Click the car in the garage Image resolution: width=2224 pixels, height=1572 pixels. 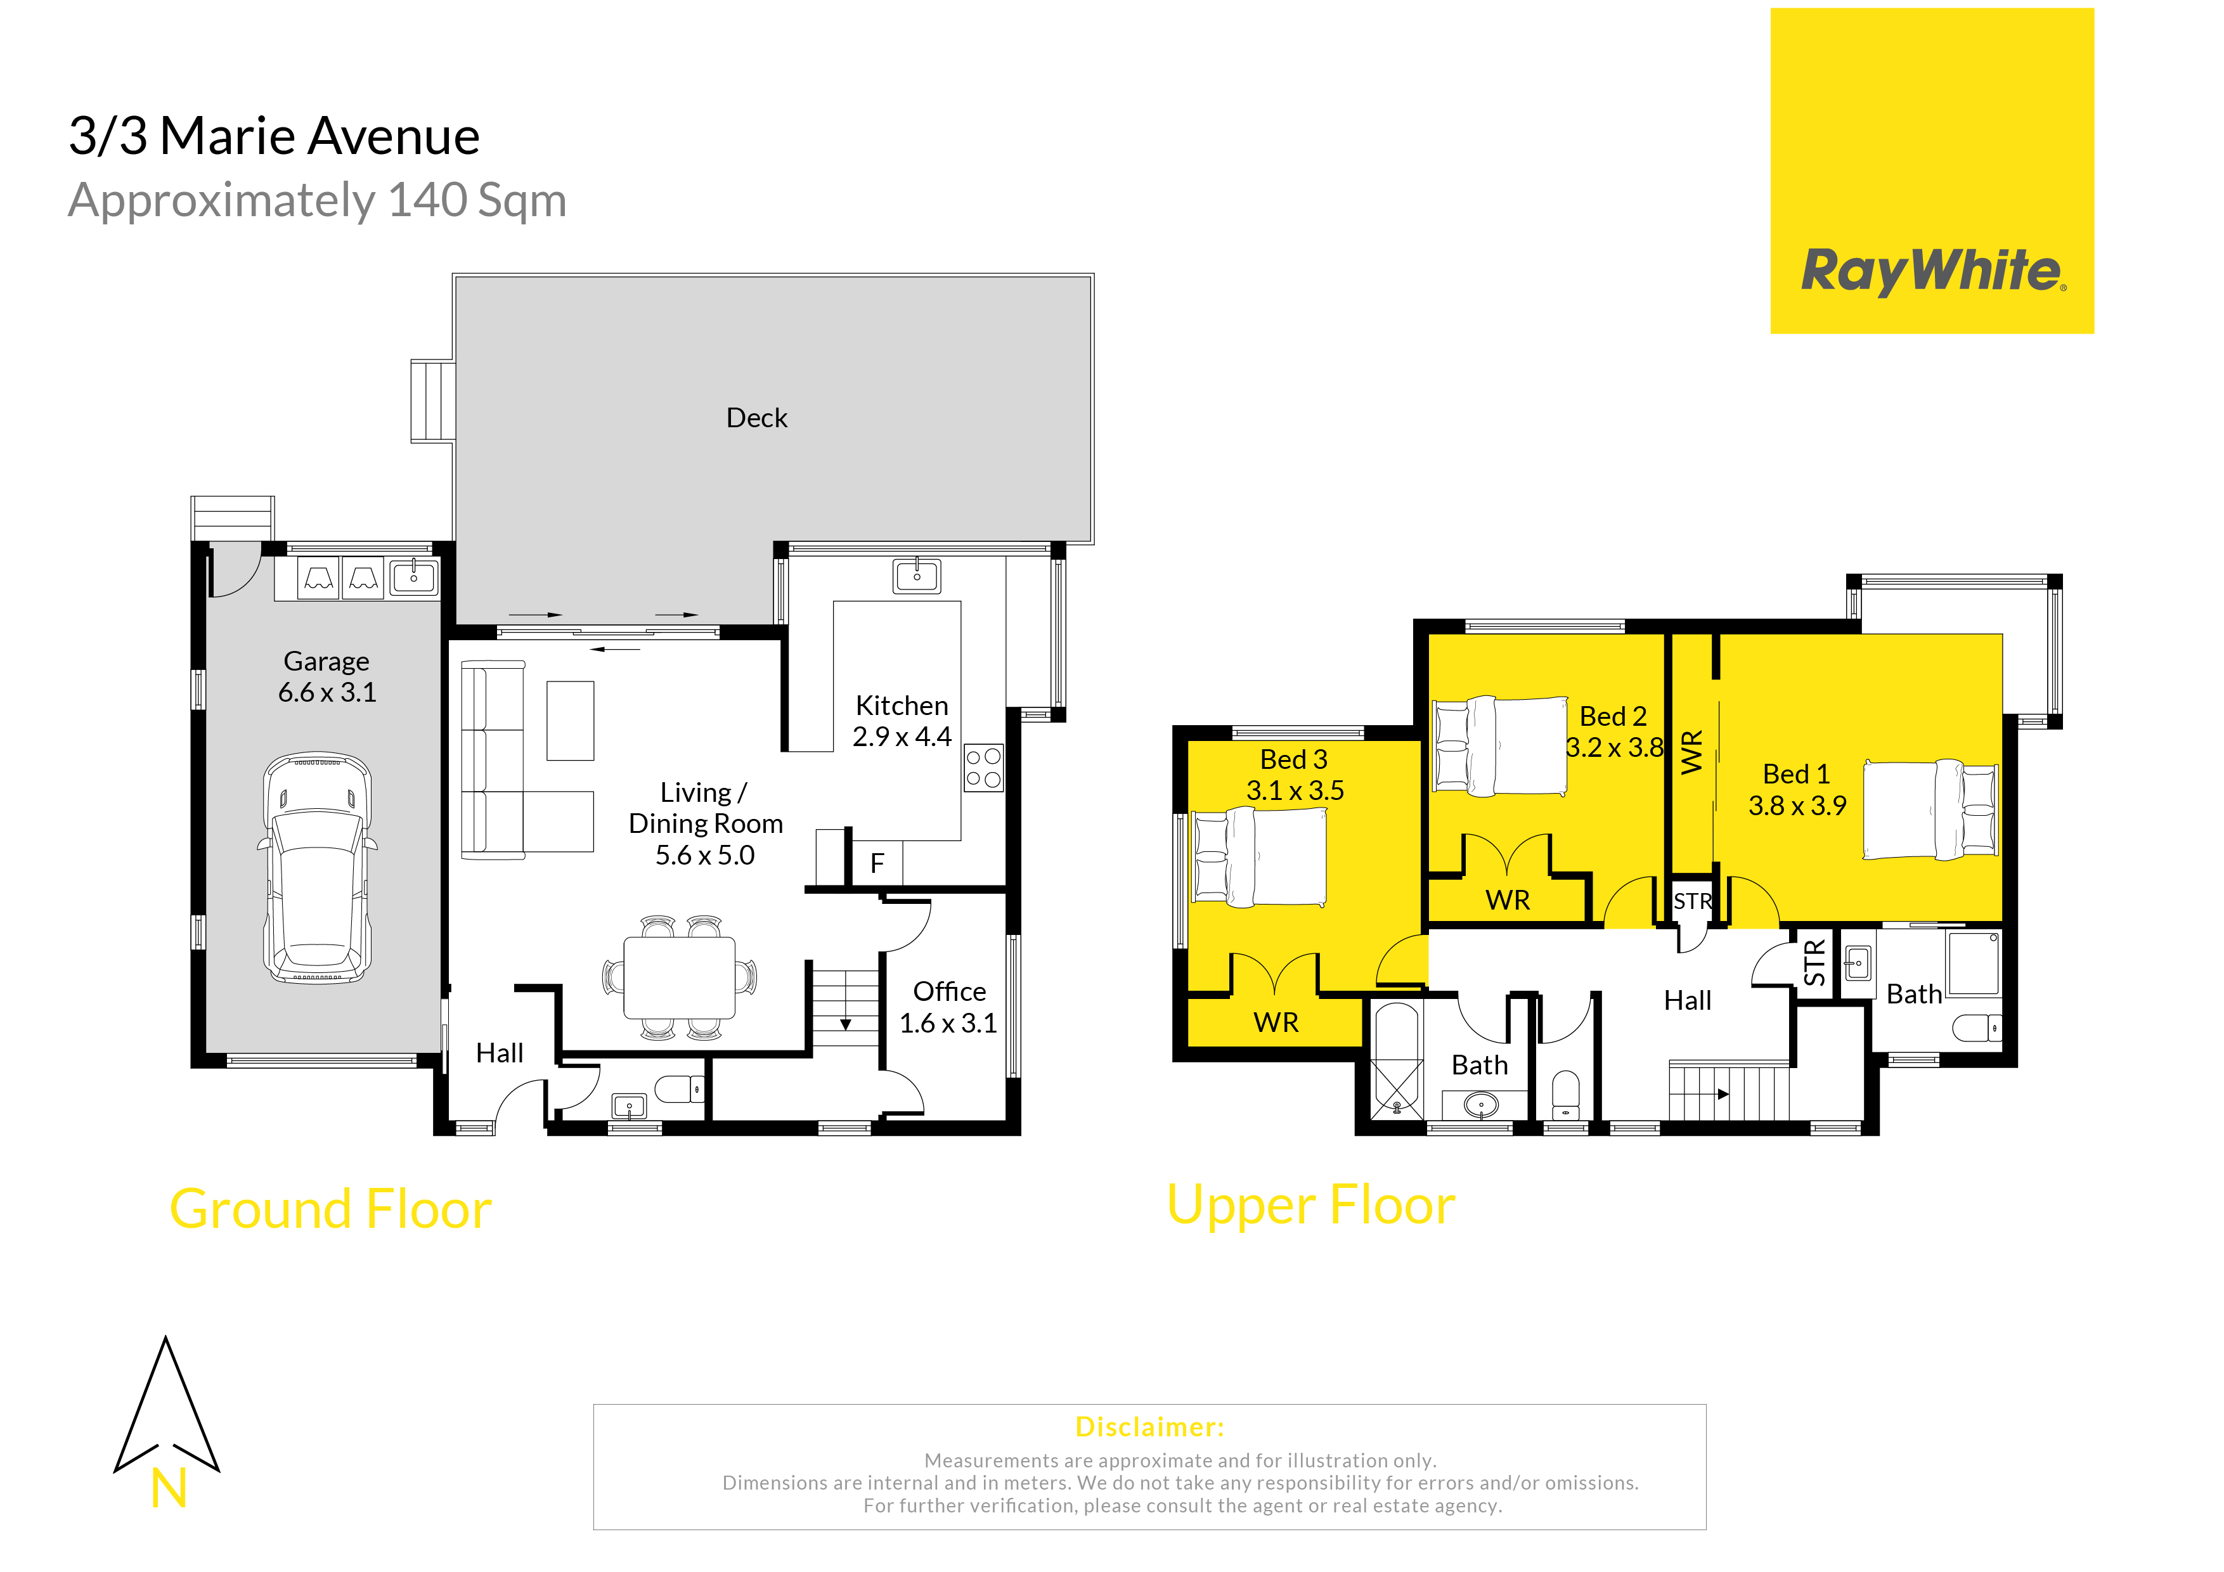tap(317, 868)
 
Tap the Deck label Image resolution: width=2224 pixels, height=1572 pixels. tap(756, 418)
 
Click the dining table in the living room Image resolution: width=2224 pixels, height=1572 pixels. tap(679, 977)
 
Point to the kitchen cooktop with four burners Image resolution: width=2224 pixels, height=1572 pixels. tap(983, 768)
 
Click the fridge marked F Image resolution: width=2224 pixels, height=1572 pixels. tap(877, 862)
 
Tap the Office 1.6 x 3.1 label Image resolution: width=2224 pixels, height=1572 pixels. tap(948, 1007)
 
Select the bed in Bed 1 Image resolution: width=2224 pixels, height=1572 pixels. tap(1930, 809)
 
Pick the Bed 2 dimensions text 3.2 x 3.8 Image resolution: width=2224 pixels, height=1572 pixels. tap(1615, 748)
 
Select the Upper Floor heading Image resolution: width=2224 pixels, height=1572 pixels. tap(1310, 1206)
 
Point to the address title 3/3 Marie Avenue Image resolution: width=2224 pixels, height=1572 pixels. tap(274, 136)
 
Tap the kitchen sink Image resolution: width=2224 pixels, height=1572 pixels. tap(916, 576)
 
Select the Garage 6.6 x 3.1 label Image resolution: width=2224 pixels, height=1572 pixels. tap(326, 676)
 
